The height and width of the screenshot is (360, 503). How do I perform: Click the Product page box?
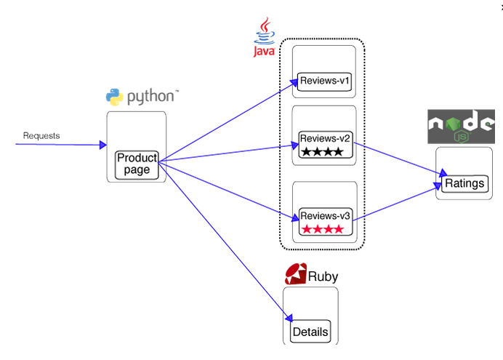[137, 164]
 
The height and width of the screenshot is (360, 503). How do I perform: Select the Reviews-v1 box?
[324, 81]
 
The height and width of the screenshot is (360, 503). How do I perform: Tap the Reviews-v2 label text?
[325, 138]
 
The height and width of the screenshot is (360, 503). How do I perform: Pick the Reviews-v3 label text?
[325, 216]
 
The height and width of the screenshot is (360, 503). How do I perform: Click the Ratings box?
[464, 183]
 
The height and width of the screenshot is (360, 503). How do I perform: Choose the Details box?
[310, 332]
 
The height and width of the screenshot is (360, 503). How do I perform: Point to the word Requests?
[41, 135]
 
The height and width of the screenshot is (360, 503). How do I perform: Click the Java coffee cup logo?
[264, 34]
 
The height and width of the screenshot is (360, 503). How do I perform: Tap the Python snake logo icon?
[114, 97]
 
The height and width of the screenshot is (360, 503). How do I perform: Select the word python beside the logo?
[151, 96]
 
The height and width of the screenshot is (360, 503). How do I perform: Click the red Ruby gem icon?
[295, 274]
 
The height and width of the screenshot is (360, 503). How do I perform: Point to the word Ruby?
[323, 276]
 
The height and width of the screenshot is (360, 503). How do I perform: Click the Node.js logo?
[461, 126]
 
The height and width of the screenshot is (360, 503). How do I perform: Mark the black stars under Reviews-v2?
[324, 152]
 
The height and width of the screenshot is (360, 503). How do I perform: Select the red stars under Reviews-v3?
[324, 230]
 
